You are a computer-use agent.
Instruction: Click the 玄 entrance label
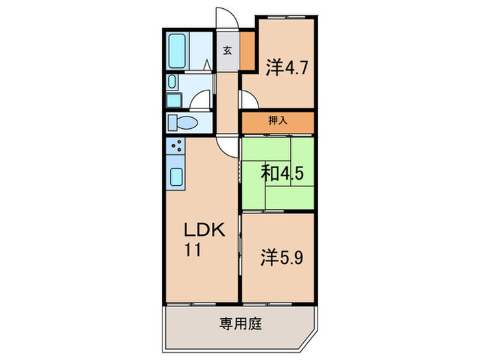(226, 50)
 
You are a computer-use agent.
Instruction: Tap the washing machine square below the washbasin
(172, 101)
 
